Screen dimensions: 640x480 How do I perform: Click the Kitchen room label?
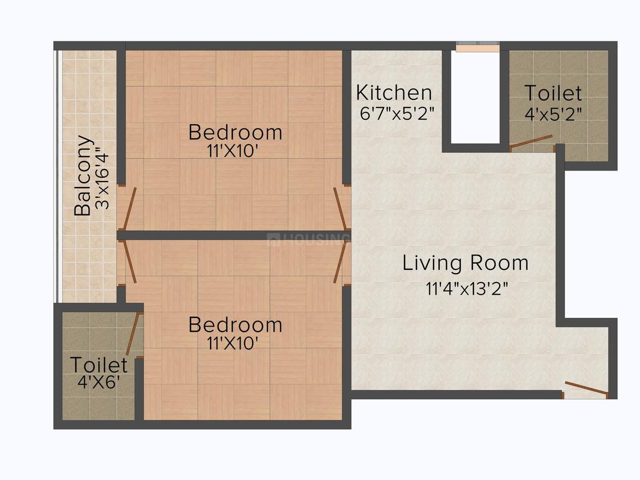pos(394,93)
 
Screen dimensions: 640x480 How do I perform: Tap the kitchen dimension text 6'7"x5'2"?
pos(397,113)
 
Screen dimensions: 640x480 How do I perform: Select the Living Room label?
pos(465,263)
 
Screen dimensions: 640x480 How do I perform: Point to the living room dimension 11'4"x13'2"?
pos(467,289)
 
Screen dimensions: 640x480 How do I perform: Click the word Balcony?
pos(83,175)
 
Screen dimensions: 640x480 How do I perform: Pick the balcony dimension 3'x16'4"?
pos(102,181)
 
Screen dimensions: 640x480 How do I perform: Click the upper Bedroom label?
pos(236,132)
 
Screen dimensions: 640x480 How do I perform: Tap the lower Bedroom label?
pos(236,326)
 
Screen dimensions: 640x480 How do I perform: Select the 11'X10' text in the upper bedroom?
pos(233,151)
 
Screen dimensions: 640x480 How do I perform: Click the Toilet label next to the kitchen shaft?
pos(553,93)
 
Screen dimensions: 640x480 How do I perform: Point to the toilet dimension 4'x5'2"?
pos(553,114)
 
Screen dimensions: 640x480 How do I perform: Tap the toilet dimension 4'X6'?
pos(99,382)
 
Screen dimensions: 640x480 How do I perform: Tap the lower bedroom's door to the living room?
pos(342,262)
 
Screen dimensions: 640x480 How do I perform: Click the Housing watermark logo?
pos(308,239)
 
